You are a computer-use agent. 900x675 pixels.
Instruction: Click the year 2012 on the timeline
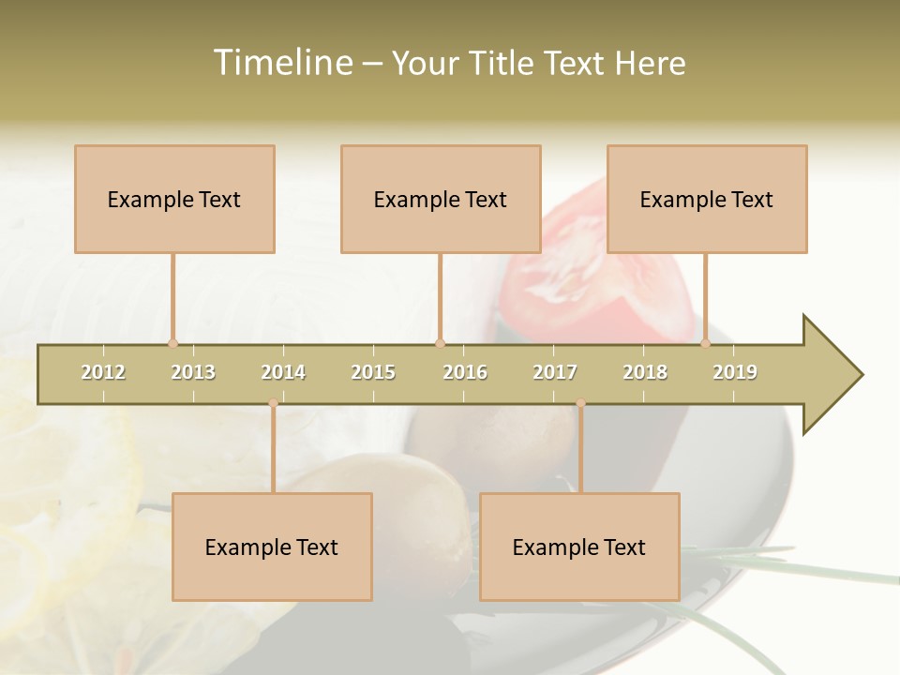tap(103, 372)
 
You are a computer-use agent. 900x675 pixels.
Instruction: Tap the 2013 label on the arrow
tap(193, 372)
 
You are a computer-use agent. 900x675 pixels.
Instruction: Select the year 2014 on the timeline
tap(283, 372)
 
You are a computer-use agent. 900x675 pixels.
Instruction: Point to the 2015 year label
tap(373, 372)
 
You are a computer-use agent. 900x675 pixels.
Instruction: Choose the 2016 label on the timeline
tap(465, 372)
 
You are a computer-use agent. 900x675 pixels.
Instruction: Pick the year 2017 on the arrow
tap(555, 372)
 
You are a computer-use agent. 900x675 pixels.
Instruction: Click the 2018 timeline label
tap(645, 372)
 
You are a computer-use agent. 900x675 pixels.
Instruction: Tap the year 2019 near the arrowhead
tap(735, 372)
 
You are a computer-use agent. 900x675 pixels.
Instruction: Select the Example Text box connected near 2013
tap(174, 199)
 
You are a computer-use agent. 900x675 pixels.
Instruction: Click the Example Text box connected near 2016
tap(441, 199)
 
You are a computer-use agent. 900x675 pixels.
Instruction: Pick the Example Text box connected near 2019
tap(707, 199)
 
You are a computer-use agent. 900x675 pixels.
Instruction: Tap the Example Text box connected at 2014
tap(272, 547)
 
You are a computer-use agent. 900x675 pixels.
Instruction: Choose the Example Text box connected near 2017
tap(579, 547)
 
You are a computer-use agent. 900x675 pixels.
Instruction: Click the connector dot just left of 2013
tap(172, 343)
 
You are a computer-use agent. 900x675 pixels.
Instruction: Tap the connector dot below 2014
tap(273, 403)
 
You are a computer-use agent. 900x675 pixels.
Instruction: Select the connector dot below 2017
tap(580, 403)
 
